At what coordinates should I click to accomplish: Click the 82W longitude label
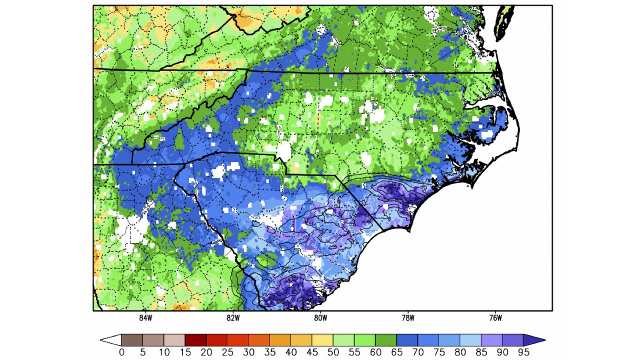[x=232, y=317]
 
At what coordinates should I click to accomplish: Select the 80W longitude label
[x=320, y=317]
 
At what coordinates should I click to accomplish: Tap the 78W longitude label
[x=407, y=317]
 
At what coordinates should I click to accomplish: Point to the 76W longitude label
[x=494, y=317]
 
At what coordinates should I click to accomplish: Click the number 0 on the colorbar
[x=121, y=352]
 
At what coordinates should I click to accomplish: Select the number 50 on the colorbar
[x=333, y=352]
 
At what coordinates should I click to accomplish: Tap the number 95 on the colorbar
[x=523, y=352]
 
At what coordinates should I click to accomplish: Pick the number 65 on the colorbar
[x=396, y=352]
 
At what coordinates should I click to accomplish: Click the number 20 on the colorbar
[x=206, y=352]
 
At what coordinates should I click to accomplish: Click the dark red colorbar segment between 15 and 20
[x=195, y=340]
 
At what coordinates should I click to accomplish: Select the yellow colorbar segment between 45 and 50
[x=322, y=340]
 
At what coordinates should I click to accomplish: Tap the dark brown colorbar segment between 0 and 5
[x=132, y=340]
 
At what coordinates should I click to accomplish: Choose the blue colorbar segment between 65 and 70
[x=407, y=340]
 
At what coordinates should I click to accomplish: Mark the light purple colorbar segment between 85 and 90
[x=491, y=340]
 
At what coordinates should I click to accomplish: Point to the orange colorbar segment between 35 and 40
[x=280, y=340]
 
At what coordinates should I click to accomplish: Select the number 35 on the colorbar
[x=269, y=352]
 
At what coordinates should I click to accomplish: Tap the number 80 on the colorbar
[x=460, y=352]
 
